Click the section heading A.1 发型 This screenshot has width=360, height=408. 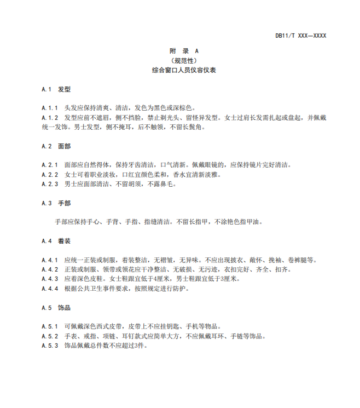pos(56,89)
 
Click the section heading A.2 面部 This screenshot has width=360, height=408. pos(56,146)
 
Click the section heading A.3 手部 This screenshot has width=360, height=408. pos(56,203)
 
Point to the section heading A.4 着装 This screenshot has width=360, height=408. pos(56,241)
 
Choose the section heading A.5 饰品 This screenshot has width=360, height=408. pos(56,308)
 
